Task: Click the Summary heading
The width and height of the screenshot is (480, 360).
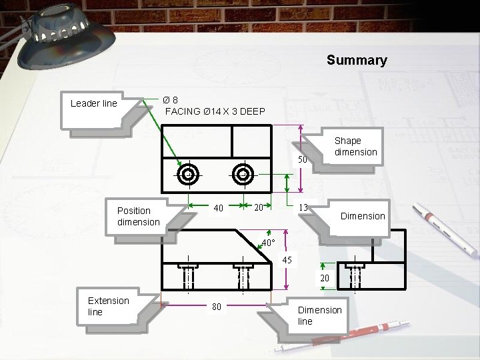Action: pos(357,61)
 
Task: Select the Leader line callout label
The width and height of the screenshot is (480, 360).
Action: pos(93,103)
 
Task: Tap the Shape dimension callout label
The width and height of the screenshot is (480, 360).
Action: pos(355,147)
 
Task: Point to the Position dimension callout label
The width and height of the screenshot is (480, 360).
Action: pos(138,216)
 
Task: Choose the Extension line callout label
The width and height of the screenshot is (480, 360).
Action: pos(108,306)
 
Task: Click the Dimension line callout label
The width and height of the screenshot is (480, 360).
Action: pos(319,315)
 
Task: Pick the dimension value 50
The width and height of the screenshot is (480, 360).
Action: pos(302,160)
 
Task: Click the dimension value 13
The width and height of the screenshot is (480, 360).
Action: pos(303,207)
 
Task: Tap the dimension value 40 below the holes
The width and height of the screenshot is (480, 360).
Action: pos(218,209)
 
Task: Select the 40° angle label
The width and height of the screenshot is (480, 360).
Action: pos(268,243)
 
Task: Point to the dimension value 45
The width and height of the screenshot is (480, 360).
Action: pos(287,259)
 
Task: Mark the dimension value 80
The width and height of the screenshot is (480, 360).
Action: pos(217,307)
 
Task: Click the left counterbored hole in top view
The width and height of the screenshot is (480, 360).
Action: pos(189,175)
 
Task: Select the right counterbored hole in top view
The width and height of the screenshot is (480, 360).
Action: pos(243,175)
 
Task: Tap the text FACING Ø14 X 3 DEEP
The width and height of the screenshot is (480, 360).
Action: pos(215,111)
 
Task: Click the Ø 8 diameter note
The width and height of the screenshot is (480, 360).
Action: pos(171,100)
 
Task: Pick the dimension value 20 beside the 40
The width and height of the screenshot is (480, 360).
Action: pos(257,207)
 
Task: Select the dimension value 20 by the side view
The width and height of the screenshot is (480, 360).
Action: pos(325,278)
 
